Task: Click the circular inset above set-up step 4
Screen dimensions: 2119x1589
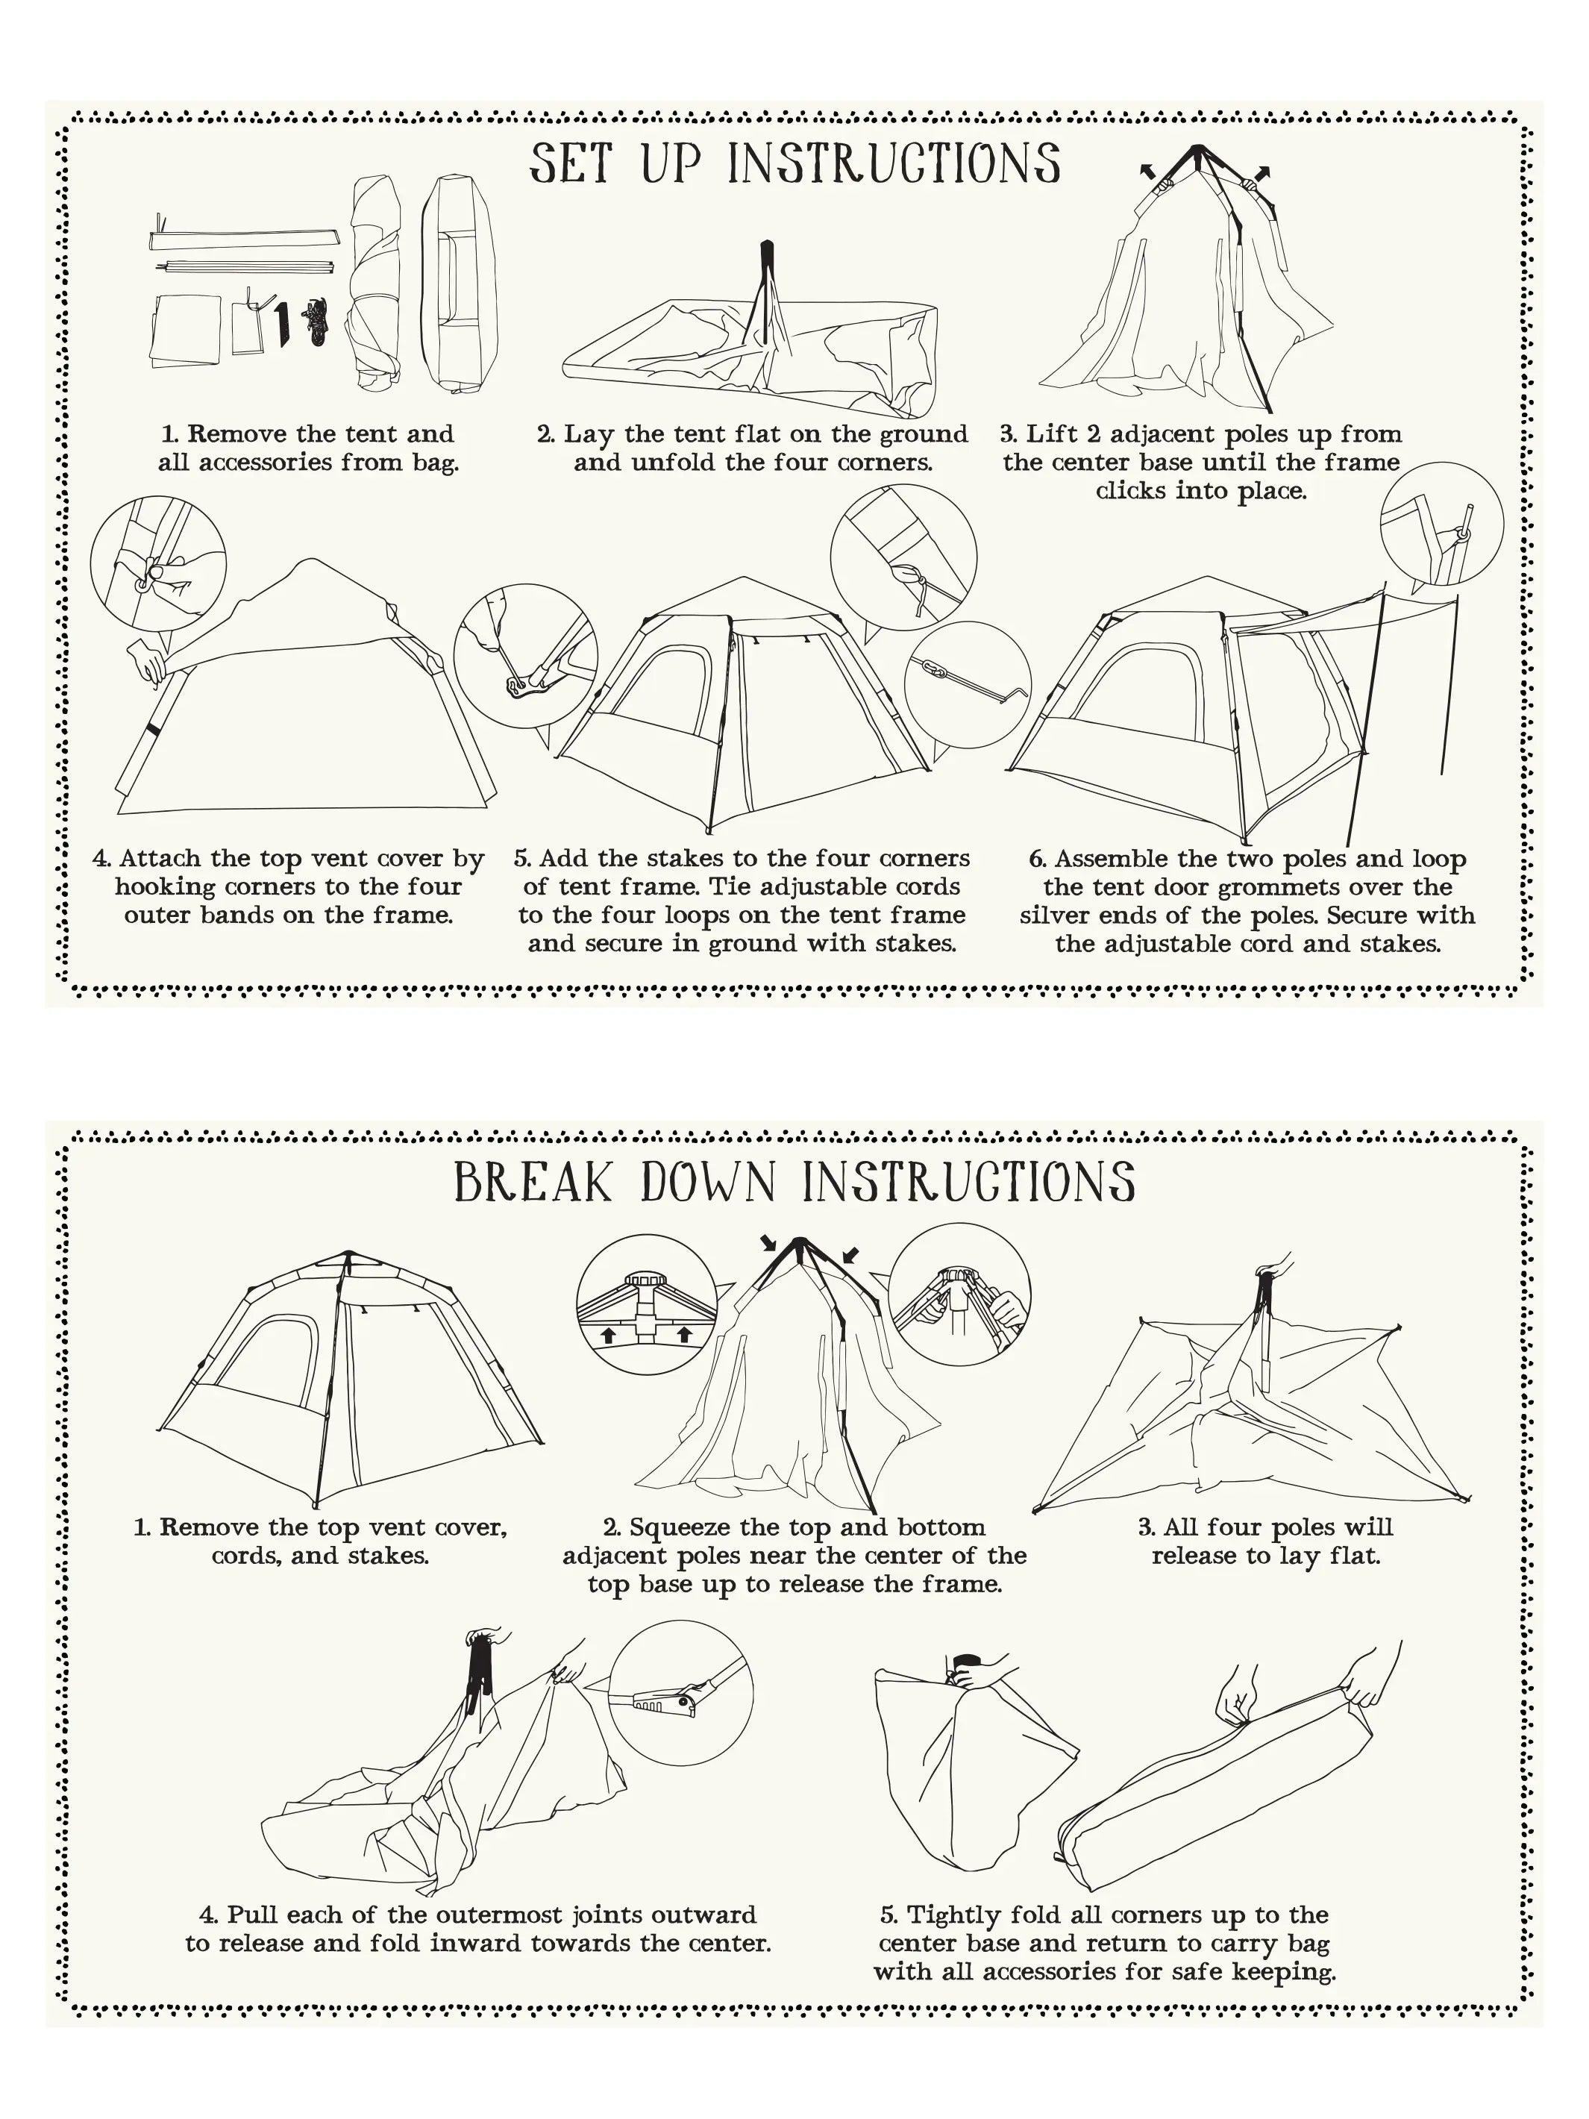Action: pos(158,566)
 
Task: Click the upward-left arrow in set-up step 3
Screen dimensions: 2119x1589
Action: pos(1146,172)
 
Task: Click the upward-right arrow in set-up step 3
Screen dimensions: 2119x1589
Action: pos(1264,173)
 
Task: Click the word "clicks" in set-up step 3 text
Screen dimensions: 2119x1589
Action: pos(1130,492)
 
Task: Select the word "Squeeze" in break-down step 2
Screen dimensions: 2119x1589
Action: pos(681,1527)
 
